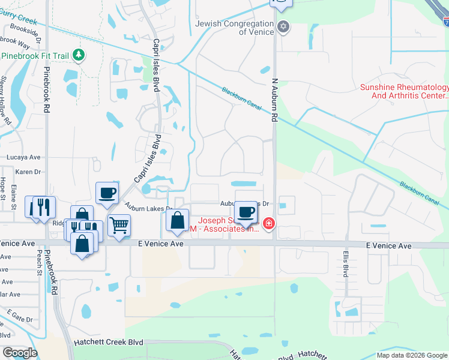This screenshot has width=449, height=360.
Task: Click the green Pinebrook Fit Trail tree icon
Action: pyautogui.click(x=78, y=55)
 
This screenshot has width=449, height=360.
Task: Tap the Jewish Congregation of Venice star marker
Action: pyautogui.click(x=284, y=28)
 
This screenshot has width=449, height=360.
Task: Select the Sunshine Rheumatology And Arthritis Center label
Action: pyautogui.click(x=404, y=91)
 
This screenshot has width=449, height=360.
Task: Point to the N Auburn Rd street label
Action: pyautogui.click(x=275, y=99)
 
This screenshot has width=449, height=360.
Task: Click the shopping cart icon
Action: pyautogui.click(x=119, y=226)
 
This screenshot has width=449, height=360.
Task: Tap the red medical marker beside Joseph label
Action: pyautogui.click(x=269, y=224)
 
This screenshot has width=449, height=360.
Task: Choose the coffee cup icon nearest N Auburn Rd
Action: pyautogui.click(x=246, y=212)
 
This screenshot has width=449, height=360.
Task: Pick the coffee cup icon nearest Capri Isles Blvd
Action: pyautogui.click(x=107, y=193)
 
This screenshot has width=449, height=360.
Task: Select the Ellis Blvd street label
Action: pyautogui.click(x=345, y=268)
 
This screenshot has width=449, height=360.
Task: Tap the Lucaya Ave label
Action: pyautogui.click(x=23, y=157)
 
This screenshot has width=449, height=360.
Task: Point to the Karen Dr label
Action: pyautogui.click(x=27, y=172)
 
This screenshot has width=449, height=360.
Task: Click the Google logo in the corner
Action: pyautogui.click(x=20, y=352)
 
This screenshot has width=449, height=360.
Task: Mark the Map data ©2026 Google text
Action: pyautogui.click(x=411, y=355)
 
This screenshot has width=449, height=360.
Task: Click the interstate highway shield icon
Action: pyautogui.click(x=445, y=20)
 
